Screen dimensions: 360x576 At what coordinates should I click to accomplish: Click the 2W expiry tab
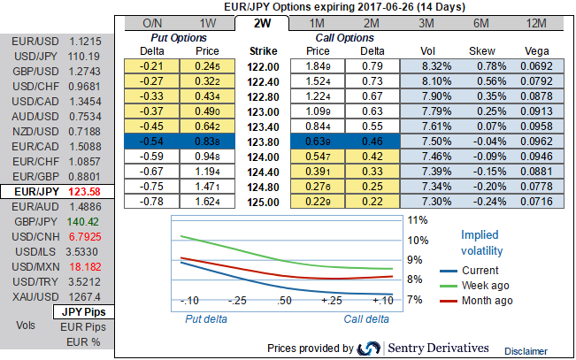[263, 21]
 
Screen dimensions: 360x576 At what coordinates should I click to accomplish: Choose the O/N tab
[153, 21]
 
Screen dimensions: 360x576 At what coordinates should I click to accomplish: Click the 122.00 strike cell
[265, 65]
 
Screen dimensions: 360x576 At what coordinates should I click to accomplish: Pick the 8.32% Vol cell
[427, 65]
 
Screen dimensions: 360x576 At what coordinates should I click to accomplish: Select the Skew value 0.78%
[483, 65]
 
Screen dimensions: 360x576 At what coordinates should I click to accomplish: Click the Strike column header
[264, 50]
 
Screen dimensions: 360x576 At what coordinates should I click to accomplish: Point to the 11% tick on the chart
[417, 220]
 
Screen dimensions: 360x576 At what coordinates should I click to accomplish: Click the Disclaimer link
[527, 351]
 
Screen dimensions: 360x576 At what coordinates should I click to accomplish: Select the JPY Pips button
[85, 312]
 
